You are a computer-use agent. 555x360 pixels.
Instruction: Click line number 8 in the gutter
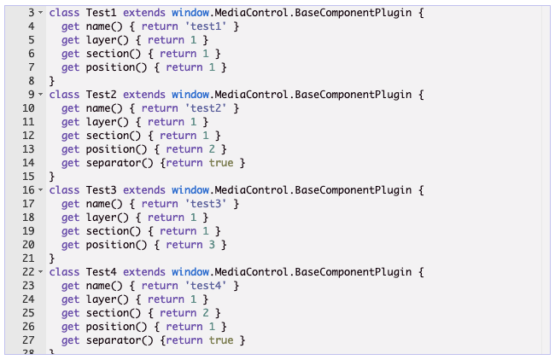click(30, 82)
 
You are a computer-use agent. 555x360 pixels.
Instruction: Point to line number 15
click(27, 177)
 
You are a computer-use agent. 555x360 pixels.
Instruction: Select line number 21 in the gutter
click(27, 258)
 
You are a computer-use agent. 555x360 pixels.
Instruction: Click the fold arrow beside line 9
click(40, 95)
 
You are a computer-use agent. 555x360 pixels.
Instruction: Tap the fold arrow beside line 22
click(40, 271)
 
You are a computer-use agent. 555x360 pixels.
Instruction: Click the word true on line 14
click(221, 163)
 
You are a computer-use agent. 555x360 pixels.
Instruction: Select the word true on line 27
click(221, 340)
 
